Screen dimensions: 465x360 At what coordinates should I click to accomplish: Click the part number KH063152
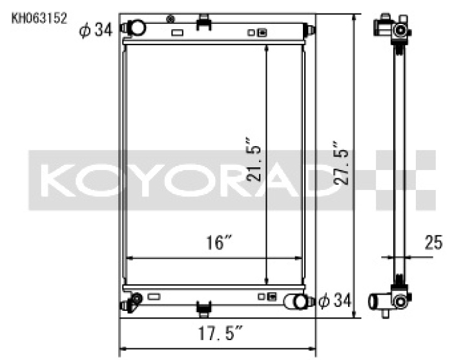click(x=39, y=18)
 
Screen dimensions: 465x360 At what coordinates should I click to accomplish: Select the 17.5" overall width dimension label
click(x=220, y=333)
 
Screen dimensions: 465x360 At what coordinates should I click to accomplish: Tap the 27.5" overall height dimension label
click(x=340, y=164)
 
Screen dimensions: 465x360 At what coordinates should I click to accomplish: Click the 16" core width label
click(x=219, y=242)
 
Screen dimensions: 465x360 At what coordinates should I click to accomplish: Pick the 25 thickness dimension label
click(x=433, y=242)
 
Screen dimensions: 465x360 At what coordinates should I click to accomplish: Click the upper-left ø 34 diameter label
click(x=96, y=30)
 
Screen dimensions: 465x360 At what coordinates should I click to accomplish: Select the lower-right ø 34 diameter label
click(x=335, y=301)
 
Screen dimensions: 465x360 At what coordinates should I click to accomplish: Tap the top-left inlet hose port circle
click(x=137, y=28)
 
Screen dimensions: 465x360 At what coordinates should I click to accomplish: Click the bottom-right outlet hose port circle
click(x=300, y=302)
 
